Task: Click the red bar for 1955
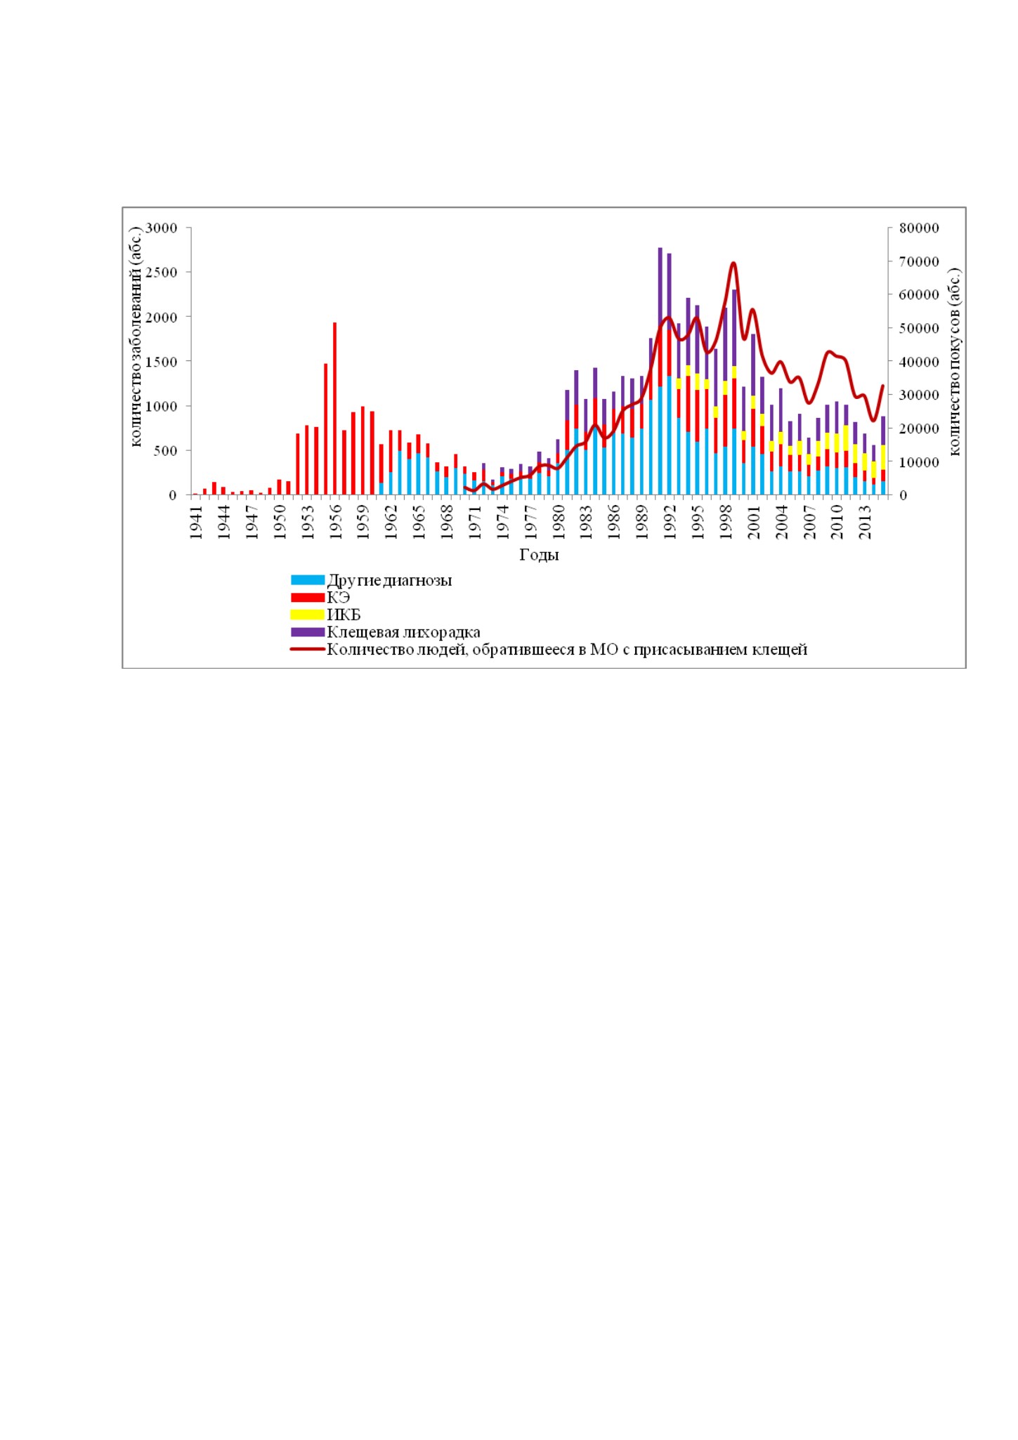pyautogui.click(x=325, y=429)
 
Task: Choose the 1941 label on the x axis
pyautogui.click(x=196, y=521)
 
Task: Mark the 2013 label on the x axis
pyautogui.click(x=866, y=521)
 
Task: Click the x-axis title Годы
pyautogui.click(x=539, y=555)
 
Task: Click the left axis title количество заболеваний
pyautogui.click(x=137, y=336)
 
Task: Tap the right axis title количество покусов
pyautogui.click(x=955, y=362)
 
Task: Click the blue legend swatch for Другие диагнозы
pyautogui.click(x=308, y=580)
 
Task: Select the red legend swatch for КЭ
pyautogui.click(x=308, y=598)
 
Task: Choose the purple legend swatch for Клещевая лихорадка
pyautogui.click(x=308, y=632)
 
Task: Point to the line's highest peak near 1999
pyautogui.click(x=733, y=263)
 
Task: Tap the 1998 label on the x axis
pyautogui.click(x=726, y=521)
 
